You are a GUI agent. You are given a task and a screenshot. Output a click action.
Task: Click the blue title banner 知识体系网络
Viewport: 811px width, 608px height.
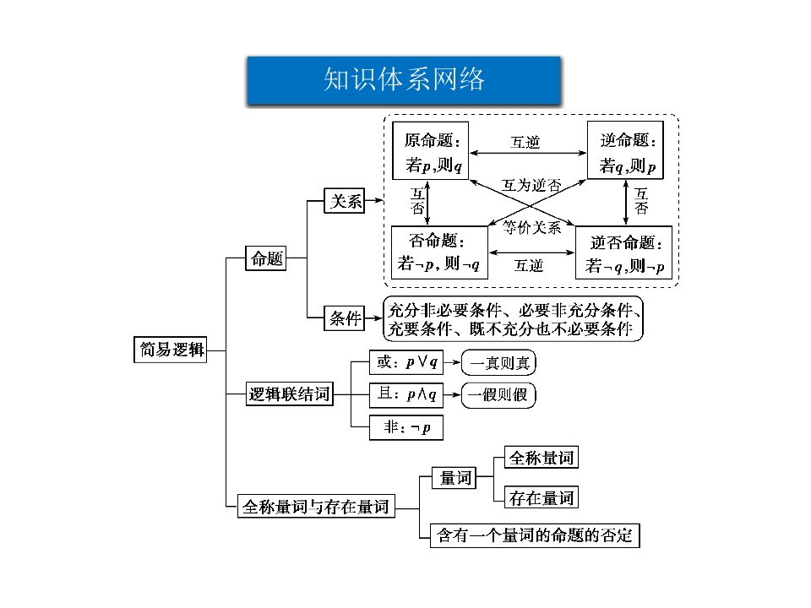pos(404,80)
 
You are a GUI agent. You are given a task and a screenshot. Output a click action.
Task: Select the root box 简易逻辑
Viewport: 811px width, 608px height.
pos(170,349)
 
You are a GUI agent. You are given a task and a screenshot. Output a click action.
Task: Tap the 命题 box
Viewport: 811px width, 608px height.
pos(267,258)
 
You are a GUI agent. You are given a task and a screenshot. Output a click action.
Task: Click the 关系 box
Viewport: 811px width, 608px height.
pos(346,201)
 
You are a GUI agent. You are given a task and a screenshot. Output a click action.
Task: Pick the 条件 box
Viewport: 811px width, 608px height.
pos(346,318)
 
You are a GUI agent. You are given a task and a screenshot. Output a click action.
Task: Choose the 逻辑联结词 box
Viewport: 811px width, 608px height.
pos(289,394)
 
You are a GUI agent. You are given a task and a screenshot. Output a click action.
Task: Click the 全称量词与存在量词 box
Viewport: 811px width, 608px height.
pos(315,507)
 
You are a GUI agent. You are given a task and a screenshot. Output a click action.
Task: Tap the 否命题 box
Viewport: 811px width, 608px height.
pos(439,252)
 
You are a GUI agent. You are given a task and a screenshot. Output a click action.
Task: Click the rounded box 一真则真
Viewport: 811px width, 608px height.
pos(499,363)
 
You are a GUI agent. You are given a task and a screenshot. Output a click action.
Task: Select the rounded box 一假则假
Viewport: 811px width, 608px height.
pos(499,394)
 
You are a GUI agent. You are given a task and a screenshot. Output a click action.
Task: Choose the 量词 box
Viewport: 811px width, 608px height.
pos(454,478)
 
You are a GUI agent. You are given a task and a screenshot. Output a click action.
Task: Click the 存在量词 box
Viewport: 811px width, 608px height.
pos(541,498)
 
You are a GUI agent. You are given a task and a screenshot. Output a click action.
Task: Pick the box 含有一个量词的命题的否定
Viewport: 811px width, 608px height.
pos(534,535)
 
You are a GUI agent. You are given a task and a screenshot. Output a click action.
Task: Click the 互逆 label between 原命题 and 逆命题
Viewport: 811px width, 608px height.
pos(525,143)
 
